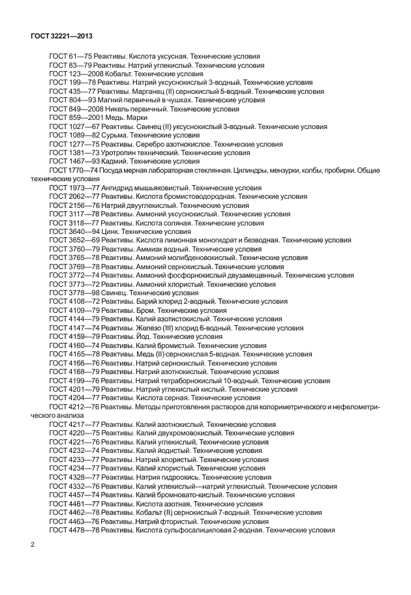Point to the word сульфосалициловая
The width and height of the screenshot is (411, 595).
coord(189,530)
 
